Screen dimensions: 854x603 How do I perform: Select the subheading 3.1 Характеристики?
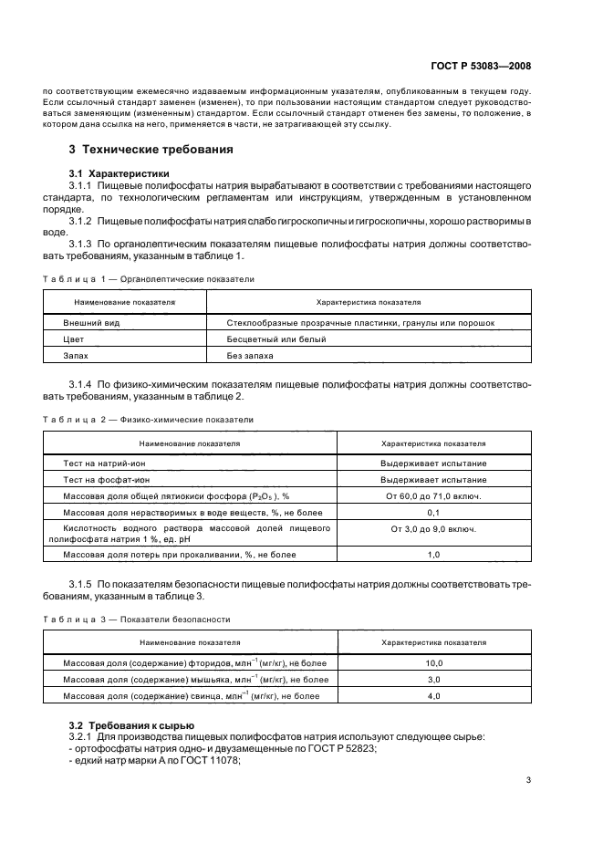[x=119, y=173]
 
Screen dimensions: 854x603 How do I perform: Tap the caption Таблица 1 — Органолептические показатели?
[x=149, y=279]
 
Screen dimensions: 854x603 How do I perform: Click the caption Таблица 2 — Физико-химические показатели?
[x=149, y=420]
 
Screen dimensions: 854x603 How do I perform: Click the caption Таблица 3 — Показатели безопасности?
[x=140, y=620]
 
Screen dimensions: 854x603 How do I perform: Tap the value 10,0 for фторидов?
[x=433, y=663]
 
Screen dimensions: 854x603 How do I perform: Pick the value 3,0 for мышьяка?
[x=433, y=680]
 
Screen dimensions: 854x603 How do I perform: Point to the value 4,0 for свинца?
[x=433, y=696]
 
